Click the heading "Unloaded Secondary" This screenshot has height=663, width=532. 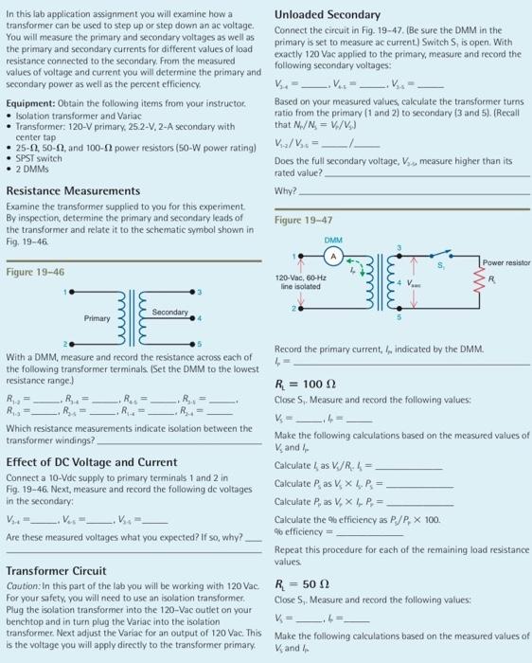(327, 14)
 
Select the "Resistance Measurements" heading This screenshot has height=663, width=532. (69, 190)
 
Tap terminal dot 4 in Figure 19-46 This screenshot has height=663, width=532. (193, 318)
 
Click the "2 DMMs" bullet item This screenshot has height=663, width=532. (33, 167)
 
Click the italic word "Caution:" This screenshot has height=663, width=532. (26, 588)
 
